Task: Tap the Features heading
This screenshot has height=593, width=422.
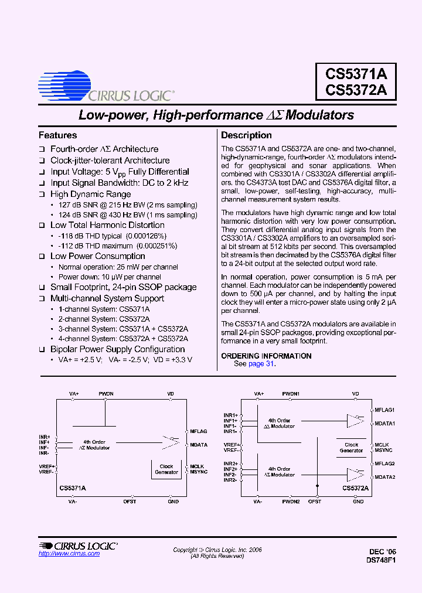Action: [x=57, y=135]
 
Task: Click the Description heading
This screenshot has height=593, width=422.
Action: [x=246, y=135]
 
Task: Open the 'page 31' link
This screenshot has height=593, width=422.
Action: [x=261, y=364]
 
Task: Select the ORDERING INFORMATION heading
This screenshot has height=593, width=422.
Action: [x=266, y=356]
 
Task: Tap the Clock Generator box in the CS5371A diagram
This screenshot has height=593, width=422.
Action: [x=166, y=469]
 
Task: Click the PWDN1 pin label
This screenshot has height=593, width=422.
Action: [x=291, y=394]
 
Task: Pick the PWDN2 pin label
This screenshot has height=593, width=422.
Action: [x=291, y=502]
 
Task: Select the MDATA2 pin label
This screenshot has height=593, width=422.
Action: [x=385, y=477]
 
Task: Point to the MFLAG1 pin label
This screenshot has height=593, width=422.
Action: [x=384, y=410]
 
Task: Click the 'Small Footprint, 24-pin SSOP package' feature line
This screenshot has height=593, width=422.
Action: [x=123, y=287]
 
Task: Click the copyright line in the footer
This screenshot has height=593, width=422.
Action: [x=217, y=550]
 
